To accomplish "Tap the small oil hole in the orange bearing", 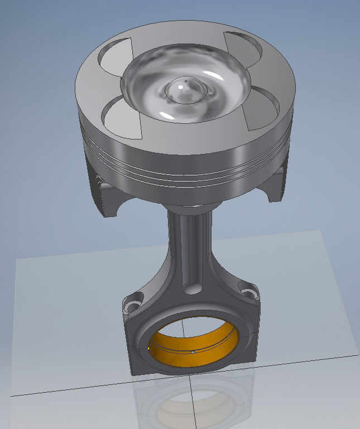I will coord(193,353).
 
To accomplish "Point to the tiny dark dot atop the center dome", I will coord(186,80).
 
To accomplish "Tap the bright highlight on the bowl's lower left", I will coord(166,115).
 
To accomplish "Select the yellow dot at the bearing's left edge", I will coord(149,346).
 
